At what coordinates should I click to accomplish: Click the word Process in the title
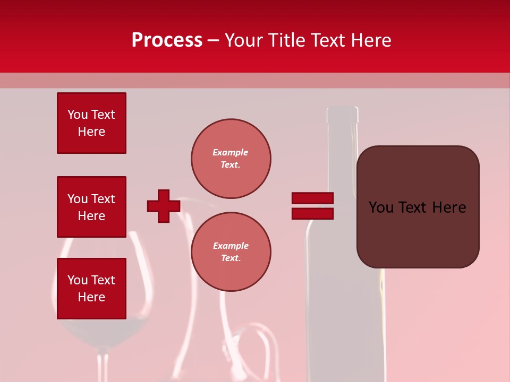pos(167,40)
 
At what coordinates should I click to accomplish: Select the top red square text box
pos(91,123)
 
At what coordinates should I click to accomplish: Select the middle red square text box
pos(91,207)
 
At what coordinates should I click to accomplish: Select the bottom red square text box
pos(91,289)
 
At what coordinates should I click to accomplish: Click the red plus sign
pos(164,206)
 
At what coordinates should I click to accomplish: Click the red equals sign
pos(312,206)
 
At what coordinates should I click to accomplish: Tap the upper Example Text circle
pos(231,159)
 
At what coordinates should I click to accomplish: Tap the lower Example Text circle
pos(231,252)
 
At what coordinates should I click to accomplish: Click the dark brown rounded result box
pos(418,206)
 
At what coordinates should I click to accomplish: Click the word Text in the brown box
pos(417,207)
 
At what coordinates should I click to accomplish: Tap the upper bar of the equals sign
pos(312,198)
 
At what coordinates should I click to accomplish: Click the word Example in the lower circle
pos(231,246)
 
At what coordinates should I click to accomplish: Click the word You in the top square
pos(77,115)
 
